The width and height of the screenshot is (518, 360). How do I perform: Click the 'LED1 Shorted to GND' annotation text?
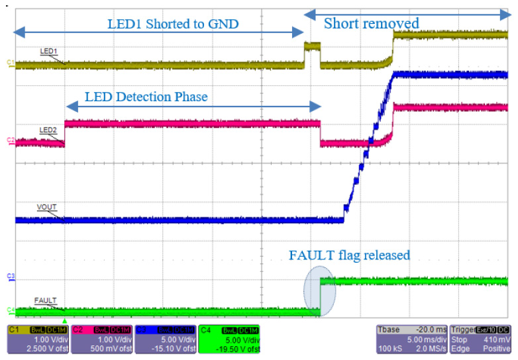(173, 24)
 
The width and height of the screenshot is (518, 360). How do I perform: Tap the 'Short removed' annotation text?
(371, 24)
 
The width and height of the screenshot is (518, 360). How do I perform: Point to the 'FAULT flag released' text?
(349, 255)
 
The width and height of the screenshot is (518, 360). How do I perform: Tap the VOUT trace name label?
(46, 207)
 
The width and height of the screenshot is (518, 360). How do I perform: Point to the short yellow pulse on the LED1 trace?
(311, 48)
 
